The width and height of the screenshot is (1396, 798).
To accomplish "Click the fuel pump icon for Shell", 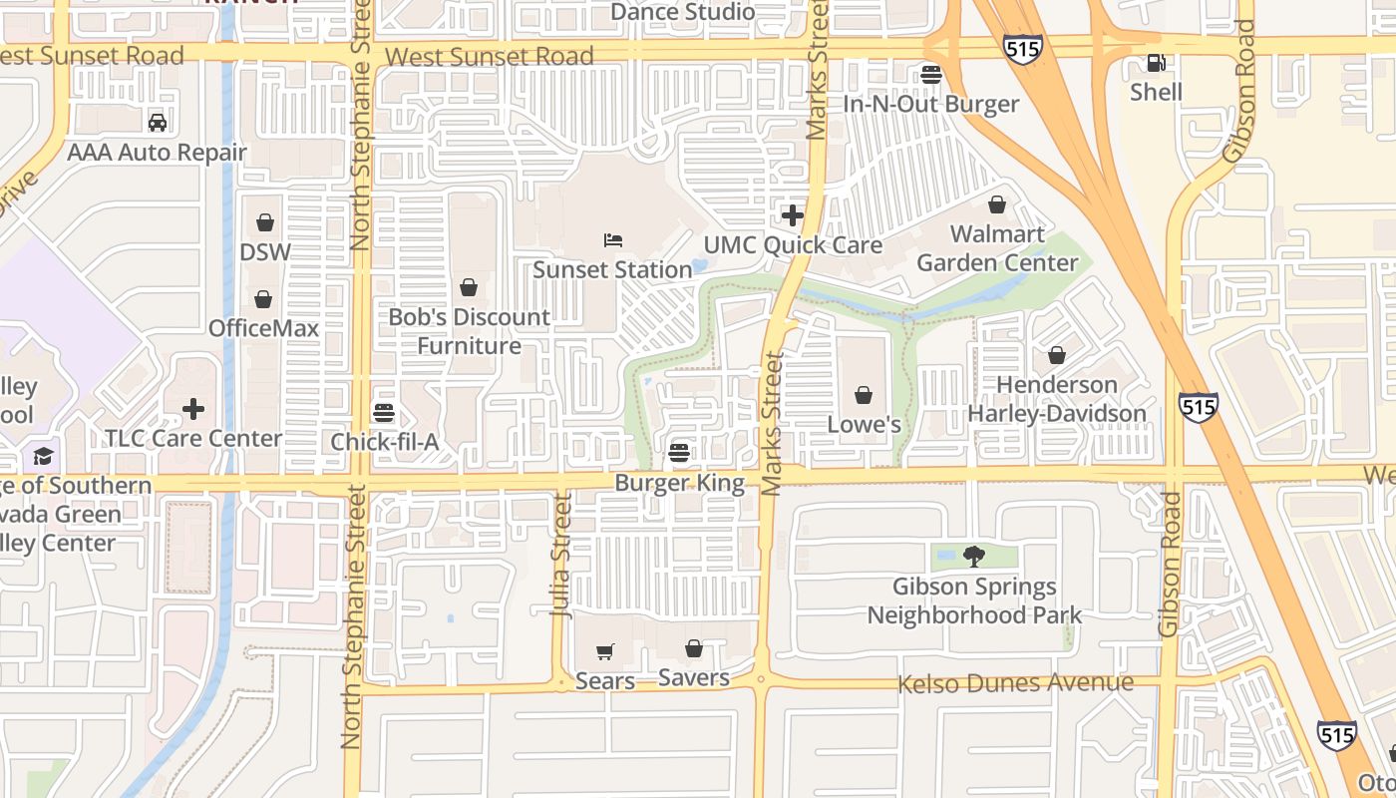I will click(x=1156, y=63).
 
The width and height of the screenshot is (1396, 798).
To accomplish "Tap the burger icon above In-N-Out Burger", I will click(x=931, y=75).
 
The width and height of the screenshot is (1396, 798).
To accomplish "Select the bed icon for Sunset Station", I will click(x=613, y=240).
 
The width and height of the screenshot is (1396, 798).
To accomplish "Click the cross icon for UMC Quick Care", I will click(x=793, y=215).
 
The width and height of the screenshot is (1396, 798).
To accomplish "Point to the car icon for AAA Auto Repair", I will click(x=157, y=123).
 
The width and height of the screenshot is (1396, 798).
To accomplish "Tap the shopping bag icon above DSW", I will click(x=264, y=222).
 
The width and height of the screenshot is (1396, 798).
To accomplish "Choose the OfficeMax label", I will click(x=263, y=328).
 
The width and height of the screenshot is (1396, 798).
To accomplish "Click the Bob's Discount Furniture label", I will click(x=469, y=331).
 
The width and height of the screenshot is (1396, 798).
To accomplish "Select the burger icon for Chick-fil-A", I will click(x=384, y=412).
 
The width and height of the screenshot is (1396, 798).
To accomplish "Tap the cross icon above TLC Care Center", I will click(x=193, y=409).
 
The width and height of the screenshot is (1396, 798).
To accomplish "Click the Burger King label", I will click(x=679, y=484).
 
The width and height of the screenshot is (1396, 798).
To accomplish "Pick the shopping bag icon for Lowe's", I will click(x=864, y=395).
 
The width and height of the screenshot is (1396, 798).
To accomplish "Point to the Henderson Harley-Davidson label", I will click(x=1057, y=399).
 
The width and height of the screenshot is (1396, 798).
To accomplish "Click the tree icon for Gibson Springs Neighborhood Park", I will click(x=974, y=557).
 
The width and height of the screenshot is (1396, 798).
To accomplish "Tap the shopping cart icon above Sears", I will click(x=604, y=652).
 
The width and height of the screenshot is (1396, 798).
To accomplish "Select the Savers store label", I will click(x=694, y=678).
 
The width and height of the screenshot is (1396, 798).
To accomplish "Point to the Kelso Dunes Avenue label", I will click(x=1015, y=683).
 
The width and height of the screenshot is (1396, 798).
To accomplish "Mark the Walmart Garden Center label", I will click(x=997, y=248).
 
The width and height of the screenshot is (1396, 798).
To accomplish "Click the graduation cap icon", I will click(x=43, y=456).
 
